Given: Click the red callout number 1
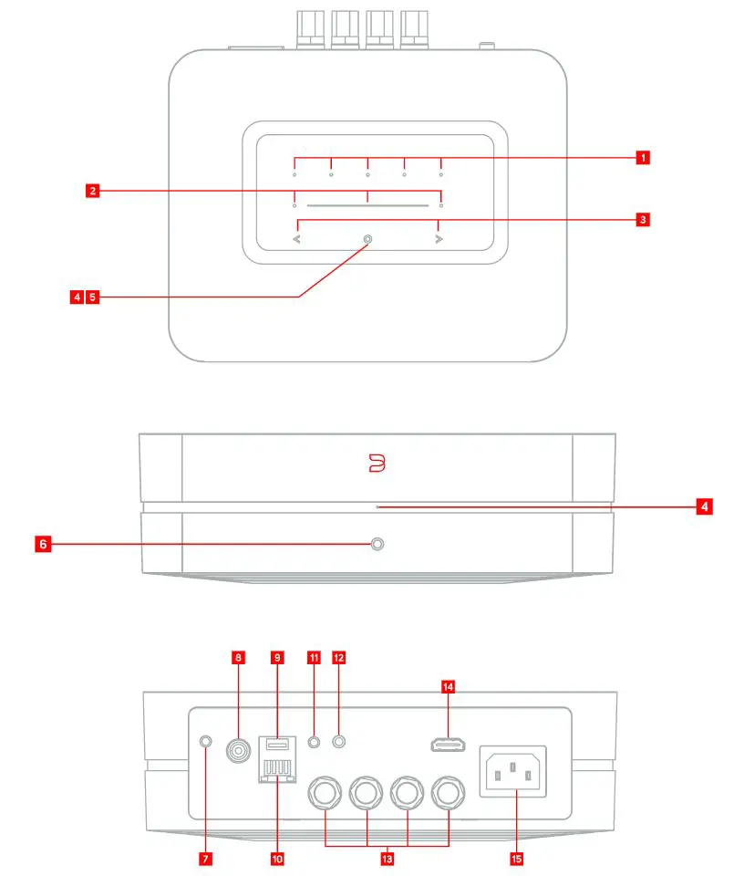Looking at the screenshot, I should coord(643,157).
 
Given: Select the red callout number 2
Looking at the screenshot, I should coord(91,191).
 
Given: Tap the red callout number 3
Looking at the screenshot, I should coord(643,219).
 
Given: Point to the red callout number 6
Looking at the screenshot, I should coord(42,544).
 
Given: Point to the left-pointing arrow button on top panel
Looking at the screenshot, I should coord(295,239).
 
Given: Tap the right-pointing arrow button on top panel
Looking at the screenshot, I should coord(439,239).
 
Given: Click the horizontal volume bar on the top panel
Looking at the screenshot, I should coord(367,206).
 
